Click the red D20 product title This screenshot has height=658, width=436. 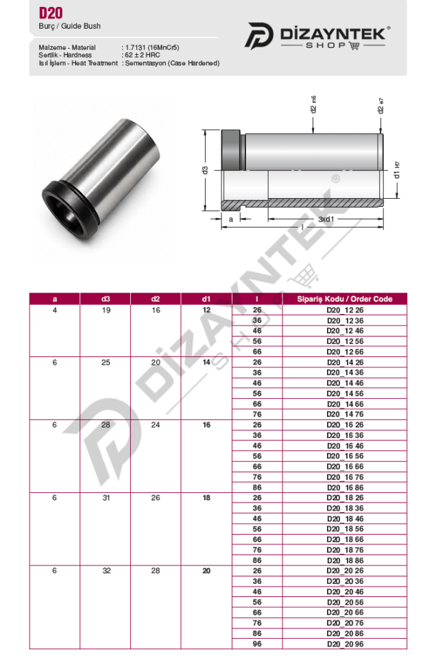pos(51,13)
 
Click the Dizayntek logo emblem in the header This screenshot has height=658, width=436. pos(258,35)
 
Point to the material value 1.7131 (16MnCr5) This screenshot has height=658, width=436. pos(152,47)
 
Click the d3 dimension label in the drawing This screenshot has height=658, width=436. pos(205,171)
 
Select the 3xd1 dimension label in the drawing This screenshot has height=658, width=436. pos(326,219)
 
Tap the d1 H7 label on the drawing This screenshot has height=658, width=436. pos(396,170)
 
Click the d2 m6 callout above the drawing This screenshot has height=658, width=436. pos(313,104)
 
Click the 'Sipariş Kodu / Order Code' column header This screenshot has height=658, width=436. pos(345,299)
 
